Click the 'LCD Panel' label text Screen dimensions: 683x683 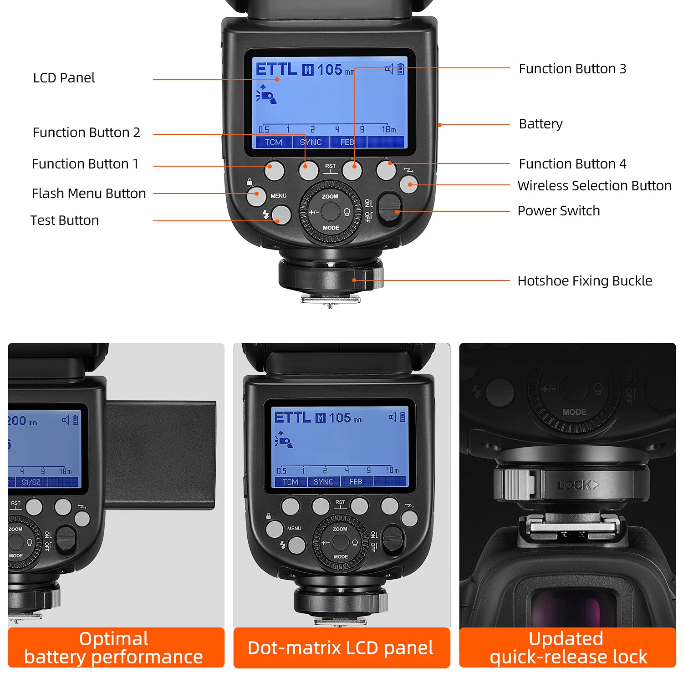tap(64, 78)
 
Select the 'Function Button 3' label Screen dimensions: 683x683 tap(572, 69)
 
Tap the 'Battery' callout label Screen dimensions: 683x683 tap(540, 124)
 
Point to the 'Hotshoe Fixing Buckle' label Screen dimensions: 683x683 tap(585, 281)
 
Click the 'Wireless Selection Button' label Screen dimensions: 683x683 tap(594, 186)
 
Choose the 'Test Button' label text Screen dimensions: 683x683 tap(65, 220)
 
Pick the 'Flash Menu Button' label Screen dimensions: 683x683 tap(89, 194)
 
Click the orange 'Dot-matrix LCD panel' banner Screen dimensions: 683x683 tap(341, 647)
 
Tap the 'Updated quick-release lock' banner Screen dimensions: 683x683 tap(567, 647)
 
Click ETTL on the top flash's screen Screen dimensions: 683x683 tap(276, 70)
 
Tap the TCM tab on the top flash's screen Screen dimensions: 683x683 tap(273, 143)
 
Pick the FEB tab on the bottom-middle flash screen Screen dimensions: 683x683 tap(356, 482)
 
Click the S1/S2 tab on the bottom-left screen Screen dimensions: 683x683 tap(31, 482)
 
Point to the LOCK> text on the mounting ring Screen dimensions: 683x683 tap(577, 485)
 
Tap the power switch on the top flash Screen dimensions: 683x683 tap(389, 209)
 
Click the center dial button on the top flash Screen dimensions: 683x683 tap(331, 211)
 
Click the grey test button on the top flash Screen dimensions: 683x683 tap(281, 215)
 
